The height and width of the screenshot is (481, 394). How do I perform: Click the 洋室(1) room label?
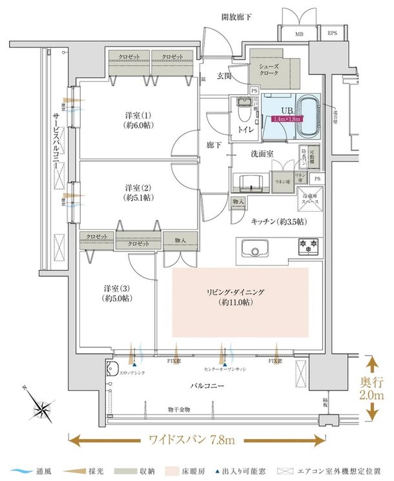pos(139,121)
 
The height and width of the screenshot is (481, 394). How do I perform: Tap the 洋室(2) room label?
pos(139,192)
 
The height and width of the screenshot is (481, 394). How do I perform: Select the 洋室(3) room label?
pos(116,293)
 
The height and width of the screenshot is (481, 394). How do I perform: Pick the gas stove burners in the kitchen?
pos(307,246)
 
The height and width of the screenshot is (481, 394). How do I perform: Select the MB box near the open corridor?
pos(298,33)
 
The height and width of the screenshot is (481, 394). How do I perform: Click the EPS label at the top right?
pos(332,33)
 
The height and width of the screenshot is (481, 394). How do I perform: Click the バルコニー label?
pos(207,386)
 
